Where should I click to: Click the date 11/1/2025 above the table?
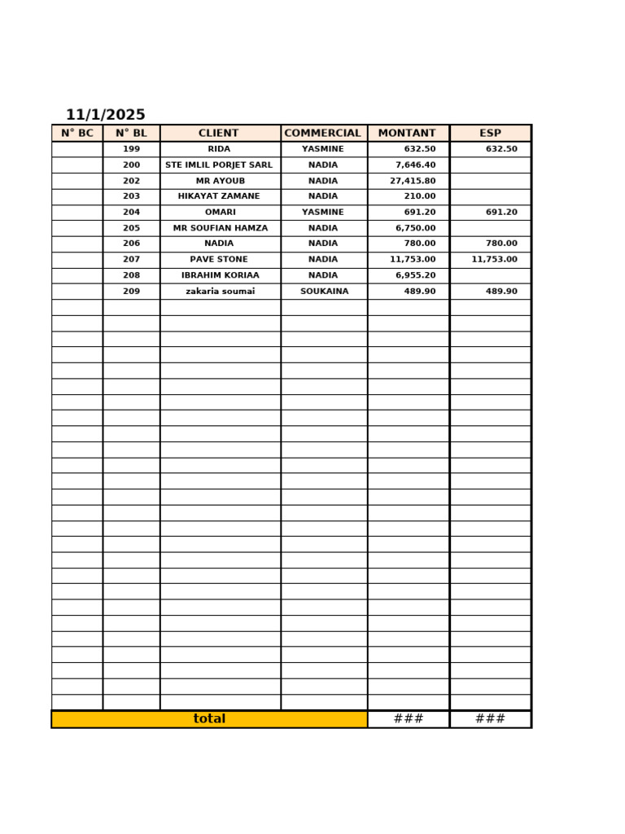(x=106, y=115)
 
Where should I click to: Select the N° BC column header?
(x=77, y=134)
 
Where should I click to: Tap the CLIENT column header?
(x=219, y=134)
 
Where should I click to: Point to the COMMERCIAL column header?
(x=322, y=134)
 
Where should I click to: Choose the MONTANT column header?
(x=407, y=134)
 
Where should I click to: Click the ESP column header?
(x=490, y=134)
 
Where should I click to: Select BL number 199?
(x=131, y=149)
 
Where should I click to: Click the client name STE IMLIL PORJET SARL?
(x=219, y=165)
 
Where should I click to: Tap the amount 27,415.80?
(x=413, y=181)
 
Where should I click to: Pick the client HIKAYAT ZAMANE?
(x=219, y=196)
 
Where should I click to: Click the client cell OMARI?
(x=220, y=213)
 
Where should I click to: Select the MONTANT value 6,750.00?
(x=415, y=228)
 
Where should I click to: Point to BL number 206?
(x=131, y=244)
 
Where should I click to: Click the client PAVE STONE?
(x=219, y=260)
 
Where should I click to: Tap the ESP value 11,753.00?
(x=494, y=260)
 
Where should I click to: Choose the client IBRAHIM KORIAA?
(x=220, y=275)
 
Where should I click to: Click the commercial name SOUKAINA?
(x=324, y=292)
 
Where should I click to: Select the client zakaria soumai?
(x=220, y=292)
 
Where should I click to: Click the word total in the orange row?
(x=209, y=719)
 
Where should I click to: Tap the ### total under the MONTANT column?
(x=408, y=719)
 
